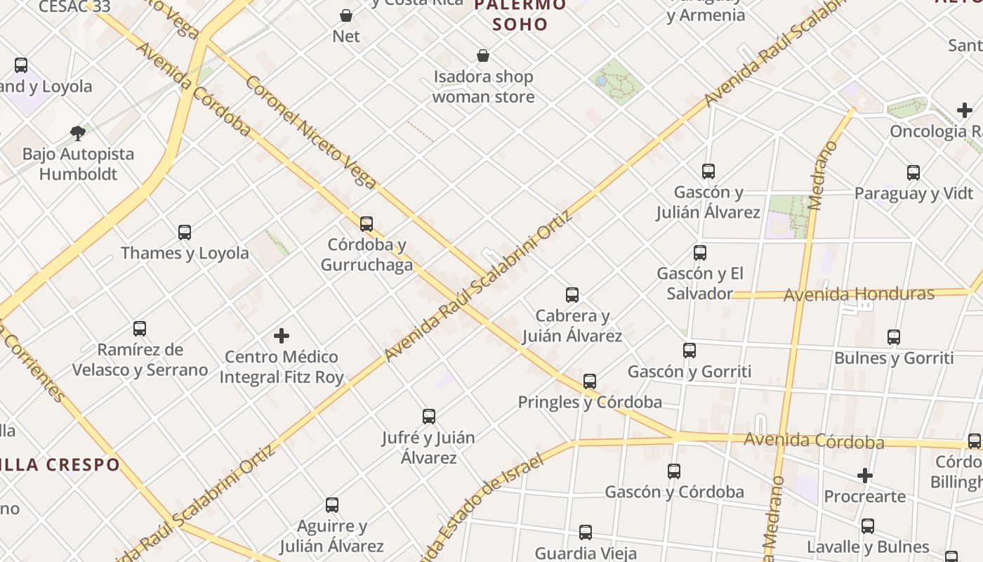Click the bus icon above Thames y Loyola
pos(185,232)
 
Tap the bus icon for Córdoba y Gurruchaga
pos(367,224)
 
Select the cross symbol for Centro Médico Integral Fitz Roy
pos(282,336)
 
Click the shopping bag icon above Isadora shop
pos(483,55)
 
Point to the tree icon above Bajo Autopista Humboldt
pos(78,133)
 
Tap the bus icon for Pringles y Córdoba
pos(590,381)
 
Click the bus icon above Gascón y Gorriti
pos(690,351)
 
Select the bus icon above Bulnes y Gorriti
pos(894,337)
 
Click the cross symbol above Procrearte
pos(865,476)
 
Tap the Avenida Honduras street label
pos(859,294)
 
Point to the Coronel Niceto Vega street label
pos(311,131)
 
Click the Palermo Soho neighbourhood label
pos(520,15)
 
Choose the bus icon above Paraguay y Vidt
pos(913,172)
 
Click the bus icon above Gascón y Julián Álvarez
pos(708,171)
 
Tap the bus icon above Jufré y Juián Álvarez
pos(429,417)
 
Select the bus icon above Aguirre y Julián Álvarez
pos(332,505)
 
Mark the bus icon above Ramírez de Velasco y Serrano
pos(140,328)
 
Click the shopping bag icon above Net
pos(346,15)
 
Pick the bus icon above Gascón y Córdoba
pos(674,471)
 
